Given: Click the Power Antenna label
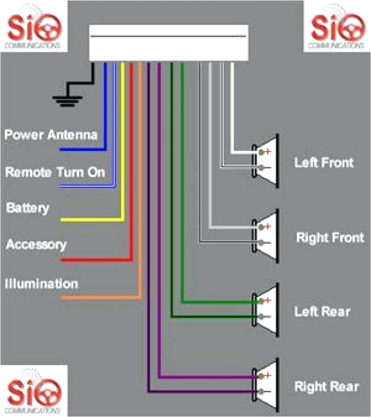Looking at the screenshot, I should [x=51, y=135].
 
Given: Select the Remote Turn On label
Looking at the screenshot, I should [x=55, y=172].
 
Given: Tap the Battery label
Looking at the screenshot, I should [x=27, y=208].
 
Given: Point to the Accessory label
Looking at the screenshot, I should [x=36, y=244].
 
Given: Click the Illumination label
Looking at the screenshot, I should [x=41, y=283].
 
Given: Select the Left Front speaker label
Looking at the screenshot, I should [x=324, y=162].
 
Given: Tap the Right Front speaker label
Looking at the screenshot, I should [x=330, y=237].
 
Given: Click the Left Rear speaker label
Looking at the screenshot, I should [x=322, y=311].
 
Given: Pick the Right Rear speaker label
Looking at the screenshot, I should [x=326, y=386].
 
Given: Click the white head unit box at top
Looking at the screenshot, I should [x=169, y=43].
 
